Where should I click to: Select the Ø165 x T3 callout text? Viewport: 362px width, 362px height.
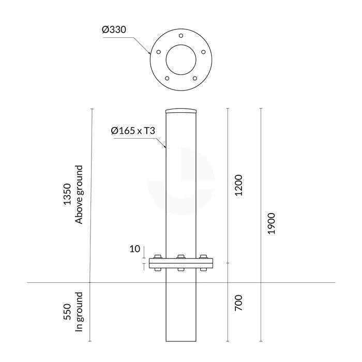pos(133,131)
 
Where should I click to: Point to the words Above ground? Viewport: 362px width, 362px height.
pos(79,194)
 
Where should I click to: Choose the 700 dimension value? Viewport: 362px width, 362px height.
pos(239,303)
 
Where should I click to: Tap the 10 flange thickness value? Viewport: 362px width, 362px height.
pos(134,249)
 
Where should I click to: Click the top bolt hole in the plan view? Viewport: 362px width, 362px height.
pos(180,36)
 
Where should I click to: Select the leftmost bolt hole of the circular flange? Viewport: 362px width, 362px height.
pos(158,52)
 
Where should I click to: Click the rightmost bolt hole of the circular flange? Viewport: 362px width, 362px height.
pos(203,52)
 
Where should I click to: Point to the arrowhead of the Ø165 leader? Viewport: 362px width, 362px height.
pos(165,147)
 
